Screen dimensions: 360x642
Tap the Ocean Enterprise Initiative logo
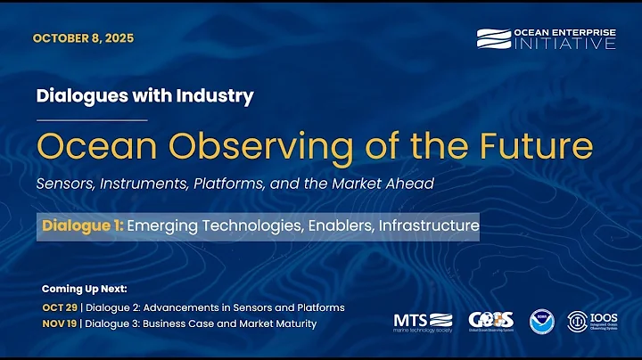(545, 39)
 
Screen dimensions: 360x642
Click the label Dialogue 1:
(82, 226)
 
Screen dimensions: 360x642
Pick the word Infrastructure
(429, 226)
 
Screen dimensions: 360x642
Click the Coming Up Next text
(85, 290)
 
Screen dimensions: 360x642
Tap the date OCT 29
(58, 307)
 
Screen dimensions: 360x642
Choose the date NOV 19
(59, 323)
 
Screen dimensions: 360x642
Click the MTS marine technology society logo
(424, 321)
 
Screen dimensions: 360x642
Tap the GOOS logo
(490, 321)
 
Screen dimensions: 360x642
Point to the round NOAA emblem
(541, 321)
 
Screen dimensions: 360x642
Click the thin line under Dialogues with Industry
(93, 119)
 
